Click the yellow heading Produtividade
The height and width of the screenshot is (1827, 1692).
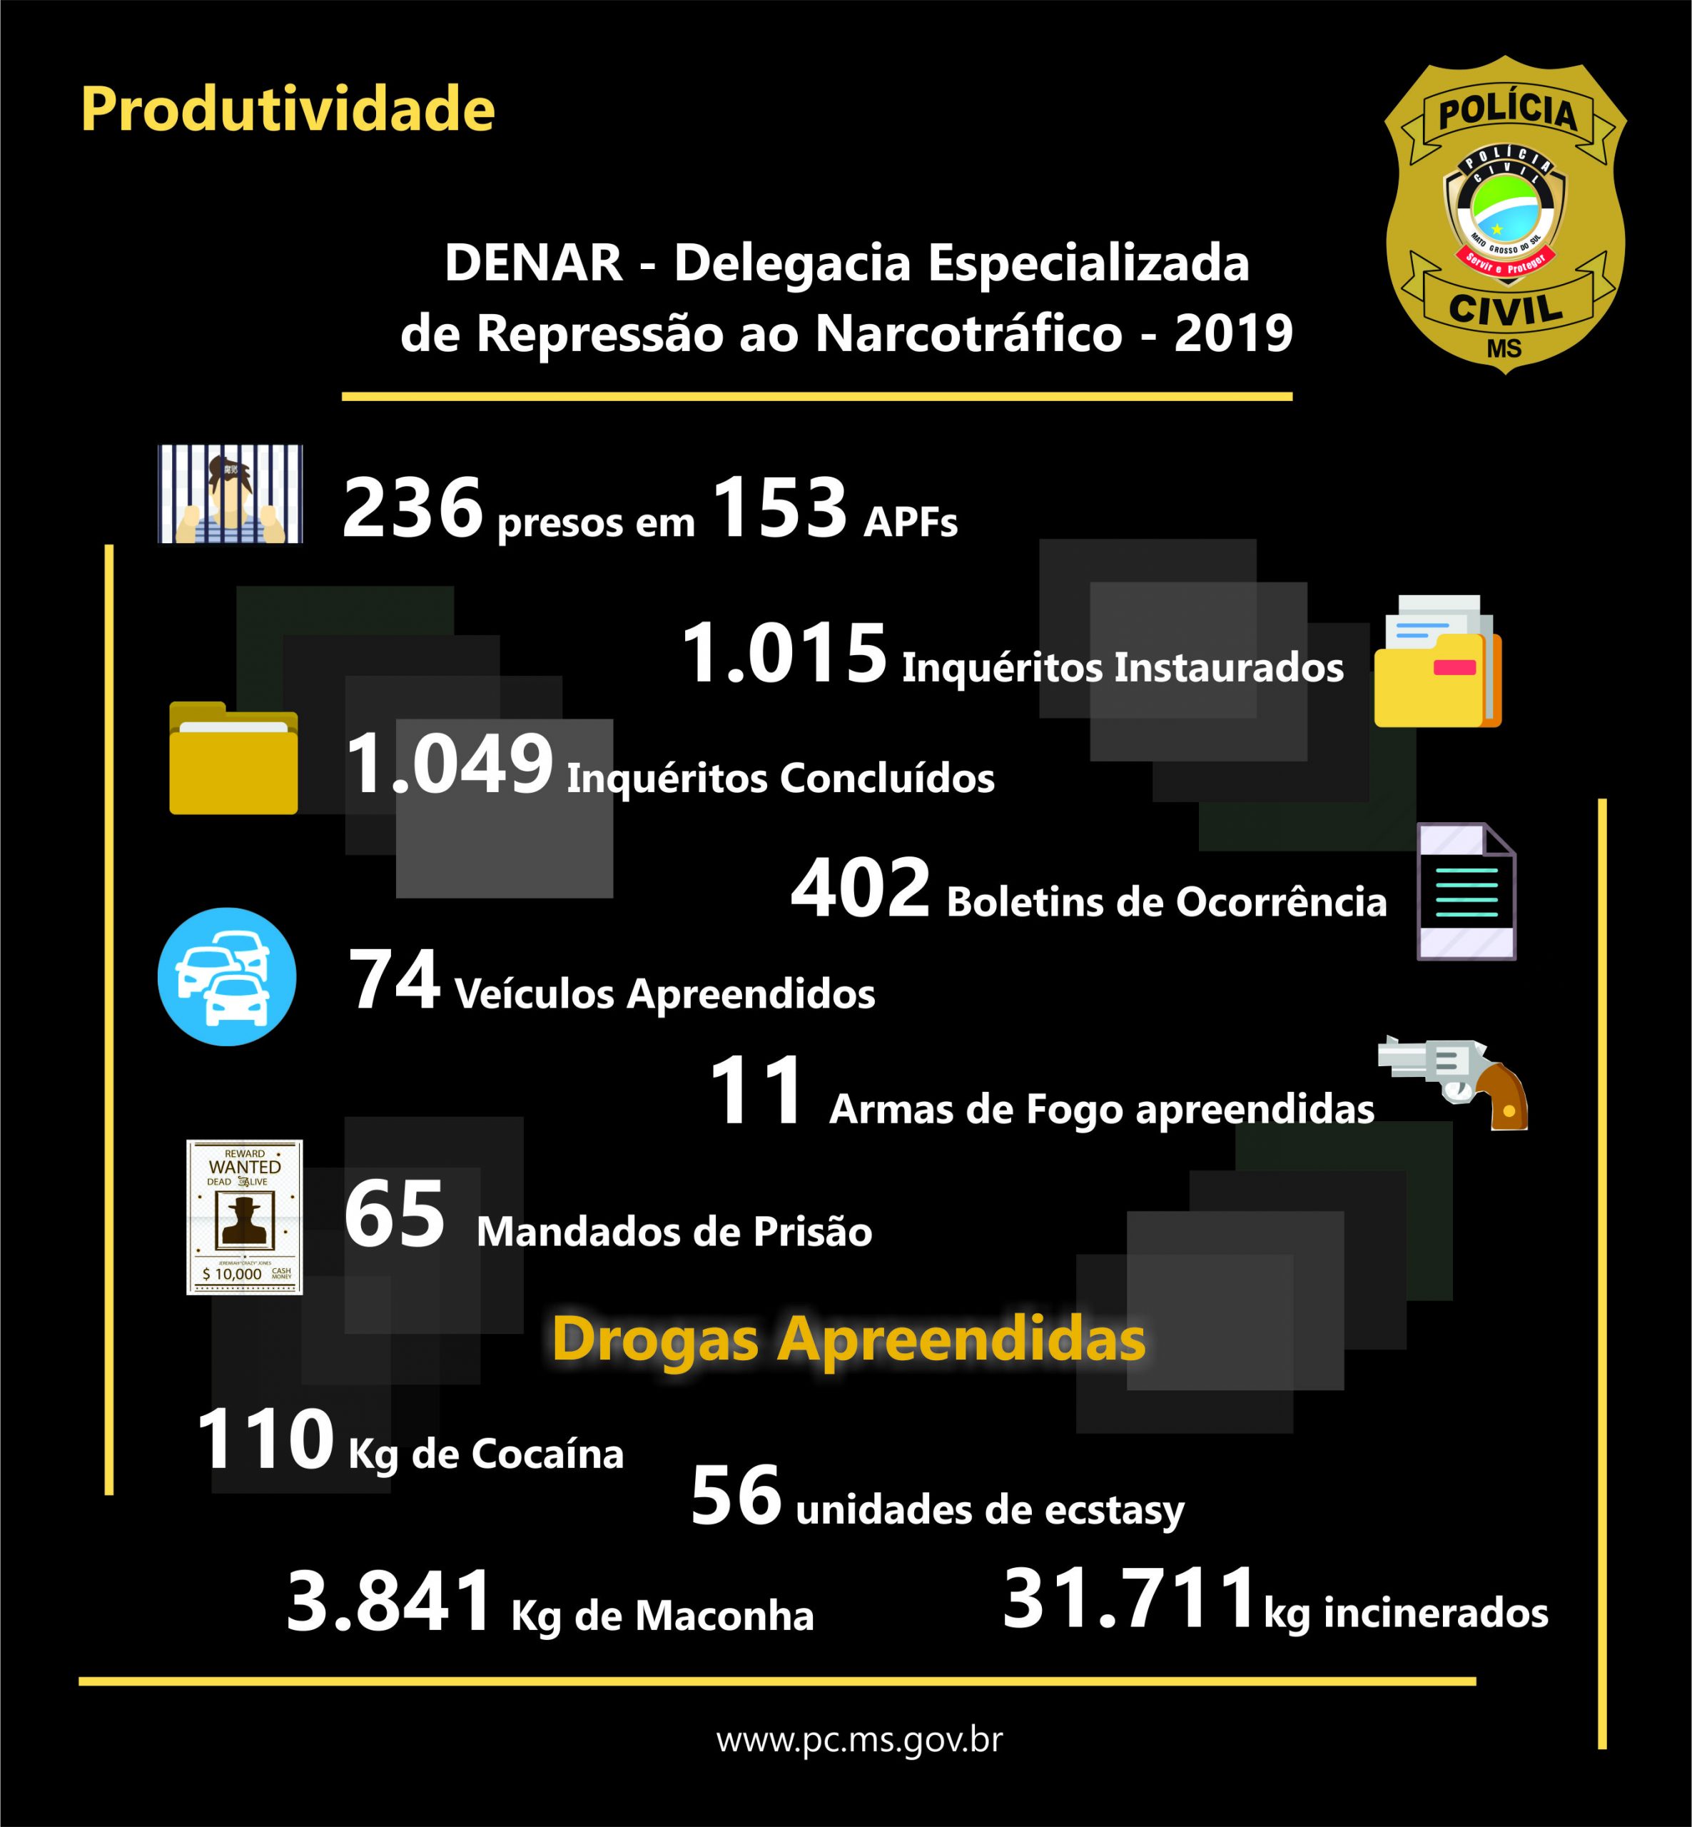click(288, 110)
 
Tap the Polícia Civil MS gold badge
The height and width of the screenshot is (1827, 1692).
click(1504, 218)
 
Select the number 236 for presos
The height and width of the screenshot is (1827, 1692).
click(412, 508)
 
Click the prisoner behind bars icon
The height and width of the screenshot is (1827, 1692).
click(230, 495)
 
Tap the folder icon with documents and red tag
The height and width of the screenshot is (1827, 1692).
click(1437, 660)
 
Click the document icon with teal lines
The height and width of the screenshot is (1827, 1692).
click(1466, 891)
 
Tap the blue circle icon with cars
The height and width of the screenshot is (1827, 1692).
click(227, 976)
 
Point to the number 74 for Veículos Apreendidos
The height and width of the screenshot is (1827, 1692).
click(395, 982)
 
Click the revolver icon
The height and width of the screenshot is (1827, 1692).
click(1454, 1080)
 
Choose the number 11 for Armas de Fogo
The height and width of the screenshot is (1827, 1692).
click(756, 1093)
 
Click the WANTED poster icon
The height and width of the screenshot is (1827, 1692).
click(245, 1217)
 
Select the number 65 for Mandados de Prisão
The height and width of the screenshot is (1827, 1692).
click(395, 1215)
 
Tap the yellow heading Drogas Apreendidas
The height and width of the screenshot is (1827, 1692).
click(848, 1340)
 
